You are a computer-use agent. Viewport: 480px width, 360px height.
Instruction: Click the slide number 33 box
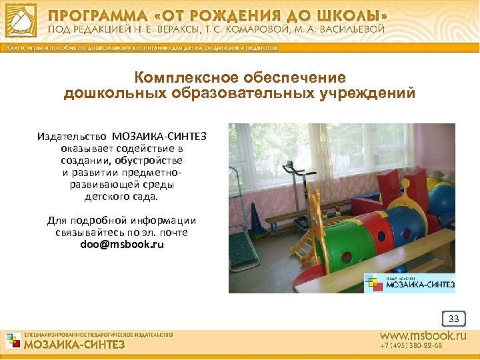point(454,319)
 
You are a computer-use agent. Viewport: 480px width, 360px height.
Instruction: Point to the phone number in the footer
point(411,347)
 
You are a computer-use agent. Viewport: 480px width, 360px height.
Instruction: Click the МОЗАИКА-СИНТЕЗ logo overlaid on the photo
point(409,283)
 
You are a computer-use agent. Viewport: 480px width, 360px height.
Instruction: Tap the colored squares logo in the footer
point(13,341)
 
